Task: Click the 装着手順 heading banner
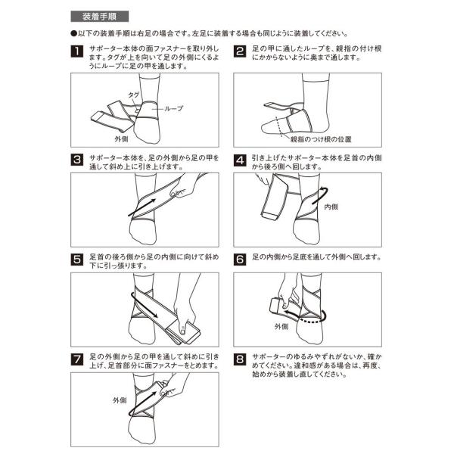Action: pyautogui.click(x=100, y=17)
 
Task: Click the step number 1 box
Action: pyautogui.click(x=76, y=51)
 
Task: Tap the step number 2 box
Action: pyautogui.click(x=240, y=51)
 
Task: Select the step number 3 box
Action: pyautogui.click(x=76, y=160)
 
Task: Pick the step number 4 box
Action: pyautogui.click(x=240, y=160)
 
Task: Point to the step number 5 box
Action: pyautogui.click(x=76, y=260)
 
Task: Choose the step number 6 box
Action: pyautogui.click(x=240, y=260)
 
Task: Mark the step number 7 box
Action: pyautogui.click(x=76, y=359)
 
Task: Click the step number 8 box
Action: pyautogui.click(x=240, y=359)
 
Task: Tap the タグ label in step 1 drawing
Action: pyautogui.click(x=133, y=95)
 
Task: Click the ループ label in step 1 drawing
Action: pyautogui.click(x=174, y=108)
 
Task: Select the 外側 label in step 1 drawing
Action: pyautogui.click(x=121, y=139)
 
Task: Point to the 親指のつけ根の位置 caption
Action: pyautogui.click(x=321, y=139)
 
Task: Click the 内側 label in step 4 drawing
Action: pyautogui.click(x=331, y=207)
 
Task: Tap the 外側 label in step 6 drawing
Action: pyautogui.click(x=281, y=327)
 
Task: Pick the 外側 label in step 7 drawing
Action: pyautogui.click(x=120, y=400)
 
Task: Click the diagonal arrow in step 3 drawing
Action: pyautogui.click(x=142, y=207)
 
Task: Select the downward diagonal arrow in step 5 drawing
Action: pyautogui.click(x=144, y=305)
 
